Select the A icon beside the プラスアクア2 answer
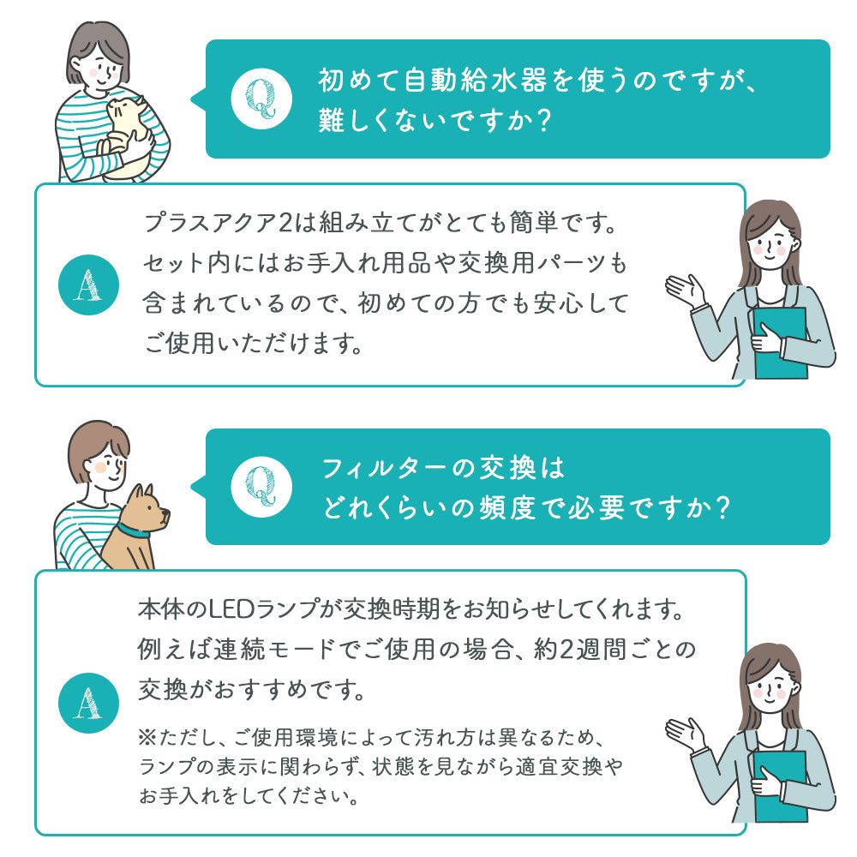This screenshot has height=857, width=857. click(x=85, y=286)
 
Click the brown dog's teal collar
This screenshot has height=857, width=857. click(x=135, y=529)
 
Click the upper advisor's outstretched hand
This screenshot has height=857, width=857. click(x=685, y=291)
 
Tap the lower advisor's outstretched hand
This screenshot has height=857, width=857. click(x=685, y=734)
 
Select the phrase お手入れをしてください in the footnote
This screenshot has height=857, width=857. click(x=249, y=796)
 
